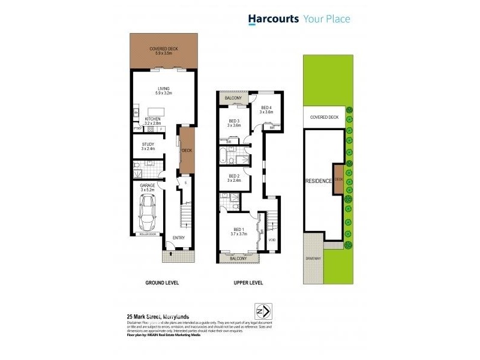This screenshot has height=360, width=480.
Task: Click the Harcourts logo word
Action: pos(274,19)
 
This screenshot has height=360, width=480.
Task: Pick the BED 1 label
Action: pos(239,229)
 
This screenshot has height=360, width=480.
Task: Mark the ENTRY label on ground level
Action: pos(179,238)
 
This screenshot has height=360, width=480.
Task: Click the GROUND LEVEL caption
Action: pos(162,282)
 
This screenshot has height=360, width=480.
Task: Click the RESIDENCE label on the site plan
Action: pos(319,181)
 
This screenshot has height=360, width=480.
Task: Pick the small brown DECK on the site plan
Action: pos(338,179)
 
